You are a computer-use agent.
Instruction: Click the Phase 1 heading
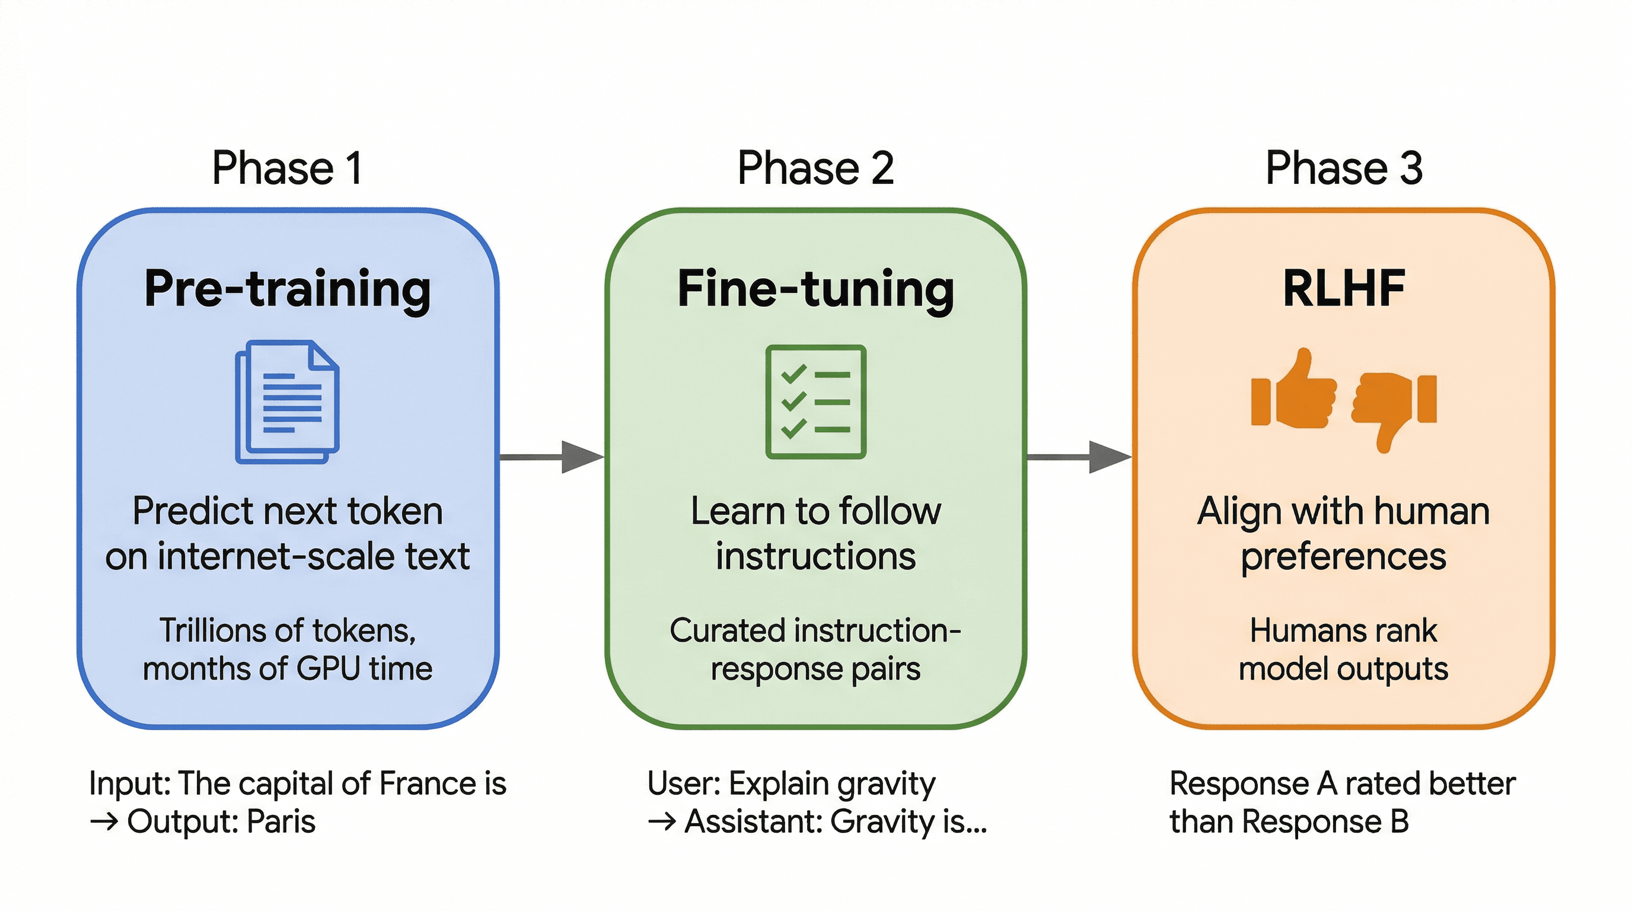(287, 168)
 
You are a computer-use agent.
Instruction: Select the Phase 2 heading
(815, 168)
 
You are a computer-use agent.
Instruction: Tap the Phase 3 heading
(1344, 168)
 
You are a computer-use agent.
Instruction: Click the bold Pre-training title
(288, 289)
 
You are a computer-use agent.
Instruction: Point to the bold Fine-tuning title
(815, 289)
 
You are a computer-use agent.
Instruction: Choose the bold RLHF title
(1344, 289)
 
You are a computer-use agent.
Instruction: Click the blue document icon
(288, 402)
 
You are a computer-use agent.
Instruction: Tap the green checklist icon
(815, 402)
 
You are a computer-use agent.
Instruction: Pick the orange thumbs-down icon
(1394, 406)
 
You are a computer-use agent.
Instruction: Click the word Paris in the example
(280, 821)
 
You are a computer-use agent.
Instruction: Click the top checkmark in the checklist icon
(793, 374)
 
